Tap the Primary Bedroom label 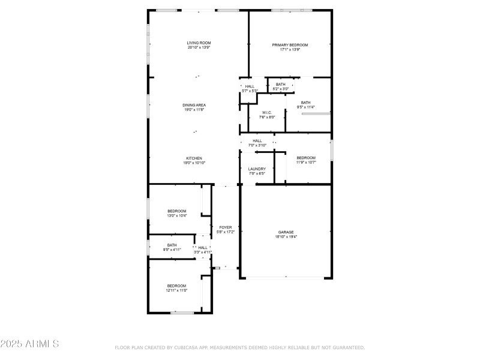pos(290,45)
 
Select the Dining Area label pos(194,105)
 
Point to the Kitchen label pos(194,158)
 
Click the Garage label pos(286,232)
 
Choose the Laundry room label pos(257,169)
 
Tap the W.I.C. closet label pos(268,113)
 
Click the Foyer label pos(225,227)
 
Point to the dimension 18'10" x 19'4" pos(286,237)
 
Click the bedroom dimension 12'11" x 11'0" pos(176,290)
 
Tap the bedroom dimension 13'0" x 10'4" pos(176,216)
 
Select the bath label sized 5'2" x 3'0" pos(281,89)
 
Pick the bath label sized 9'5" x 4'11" pos(172,250)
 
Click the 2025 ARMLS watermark pos(29,344)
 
